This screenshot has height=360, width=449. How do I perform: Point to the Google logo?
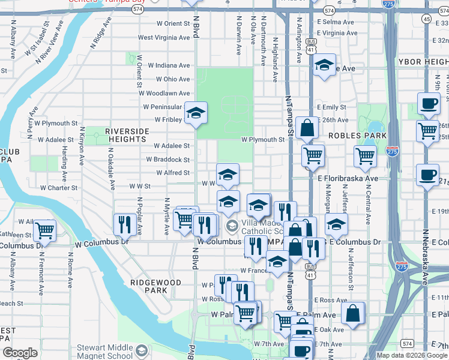(20, 353)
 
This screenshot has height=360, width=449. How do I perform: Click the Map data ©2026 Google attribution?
(411, 355)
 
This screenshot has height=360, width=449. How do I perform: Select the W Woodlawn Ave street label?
(166, 94)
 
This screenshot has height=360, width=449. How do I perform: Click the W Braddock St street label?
(168, 160)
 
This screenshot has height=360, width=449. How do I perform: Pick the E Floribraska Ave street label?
(348, 179)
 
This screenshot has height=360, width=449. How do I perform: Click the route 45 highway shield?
(426, 20)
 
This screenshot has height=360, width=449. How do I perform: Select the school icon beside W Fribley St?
(196, 113)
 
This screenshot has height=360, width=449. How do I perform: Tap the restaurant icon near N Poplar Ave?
(123, 224)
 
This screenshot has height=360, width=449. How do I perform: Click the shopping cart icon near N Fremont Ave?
(44, 230)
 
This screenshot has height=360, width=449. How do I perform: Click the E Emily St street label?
(334, 107)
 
